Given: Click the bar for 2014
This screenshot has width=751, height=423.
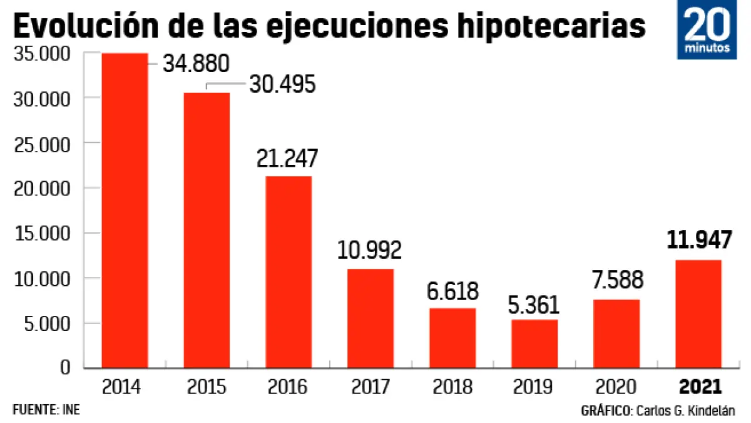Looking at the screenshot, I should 125,211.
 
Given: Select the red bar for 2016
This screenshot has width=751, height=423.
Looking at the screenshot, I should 289,272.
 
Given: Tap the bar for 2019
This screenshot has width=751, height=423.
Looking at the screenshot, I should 534,343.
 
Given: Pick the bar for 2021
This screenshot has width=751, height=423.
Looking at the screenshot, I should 698,314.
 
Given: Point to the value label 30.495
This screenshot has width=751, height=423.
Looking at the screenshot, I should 282,85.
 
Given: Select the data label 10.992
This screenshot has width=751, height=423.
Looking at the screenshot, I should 369,251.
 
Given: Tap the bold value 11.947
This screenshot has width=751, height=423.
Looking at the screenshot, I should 699,240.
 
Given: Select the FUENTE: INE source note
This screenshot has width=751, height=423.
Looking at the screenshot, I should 46,410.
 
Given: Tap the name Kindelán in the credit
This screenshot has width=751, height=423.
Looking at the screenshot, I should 711,411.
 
